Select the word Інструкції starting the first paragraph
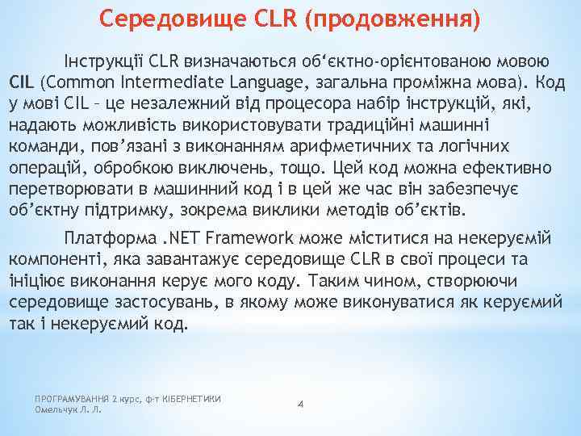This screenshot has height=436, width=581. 104,61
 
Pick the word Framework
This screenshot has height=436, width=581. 250,238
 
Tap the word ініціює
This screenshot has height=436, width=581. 33,281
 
